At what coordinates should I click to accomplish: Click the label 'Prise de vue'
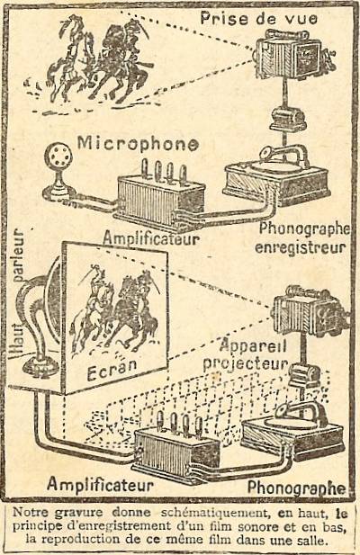pos(258,18)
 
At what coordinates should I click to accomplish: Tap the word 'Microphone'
pos(138,144)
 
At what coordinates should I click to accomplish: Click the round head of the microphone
pos(58,157)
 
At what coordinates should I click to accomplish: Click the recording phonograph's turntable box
pos(276,182)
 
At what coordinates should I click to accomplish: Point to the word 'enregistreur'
pos(301,247)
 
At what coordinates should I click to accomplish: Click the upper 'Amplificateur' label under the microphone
pos(151,239)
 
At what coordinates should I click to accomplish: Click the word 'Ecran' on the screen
pos(112,369)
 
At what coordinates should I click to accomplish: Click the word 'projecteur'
pos(246,363)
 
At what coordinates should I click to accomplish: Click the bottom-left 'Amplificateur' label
pos(100,484)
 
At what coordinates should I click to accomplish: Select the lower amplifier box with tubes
pos(176,448)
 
